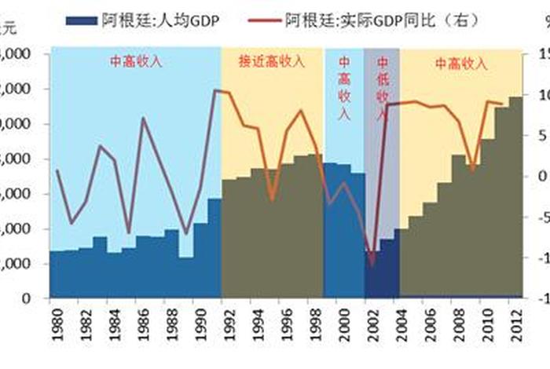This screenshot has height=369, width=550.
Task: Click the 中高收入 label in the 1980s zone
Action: (x=135, y=62)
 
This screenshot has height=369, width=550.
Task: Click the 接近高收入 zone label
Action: (x=272, y=62)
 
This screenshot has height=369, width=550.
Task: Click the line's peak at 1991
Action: (x=215, y=91)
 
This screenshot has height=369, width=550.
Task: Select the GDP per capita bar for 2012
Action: (x=515, y=196)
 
